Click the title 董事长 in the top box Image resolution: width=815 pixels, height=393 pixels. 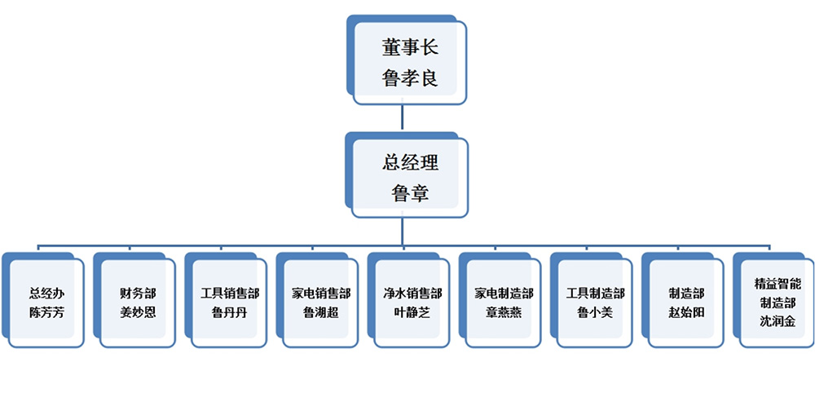click(x=410, y=47)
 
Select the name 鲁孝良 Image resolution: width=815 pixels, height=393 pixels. click(x=410, y=78)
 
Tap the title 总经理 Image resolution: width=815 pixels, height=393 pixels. click(x=410, y=162)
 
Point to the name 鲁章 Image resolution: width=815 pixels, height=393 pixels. click(x=410, y=193)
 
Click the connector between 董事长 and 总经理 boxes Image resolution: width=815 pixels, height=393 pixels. click(x=404, y=117)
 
